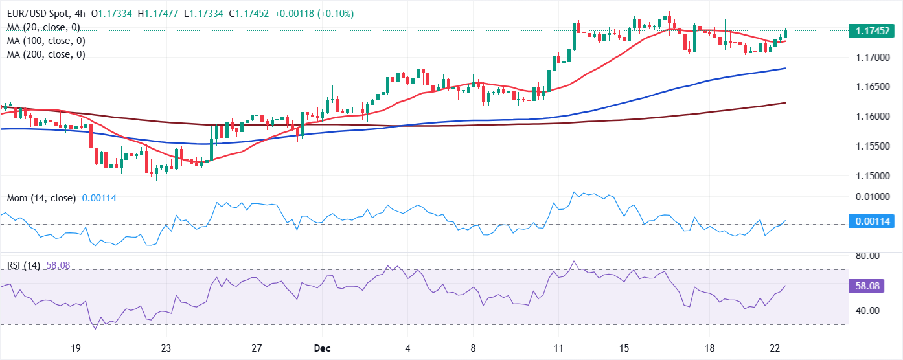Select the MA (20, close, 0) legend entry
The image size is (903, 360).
tap(43, 27)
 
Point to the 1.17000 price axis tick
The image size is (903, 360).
tap(870, 58)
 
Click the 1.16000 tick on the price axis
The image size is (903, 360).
tap(870, 117)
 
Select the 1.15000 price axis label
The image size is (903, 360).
tap(870, 175)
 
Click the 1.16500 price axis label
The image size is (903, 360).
tap(870, 87)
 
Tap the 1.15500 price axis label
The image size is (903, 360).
tap(870, 146)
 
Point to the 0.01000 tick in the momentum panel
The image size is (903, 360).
tap(870, 197)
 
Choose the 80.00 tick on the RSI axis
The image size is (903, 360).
tap(867, 256)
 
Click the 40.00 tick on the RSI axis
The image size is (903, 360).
tap(867, 311)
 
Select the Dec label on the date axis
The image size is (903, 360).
tap(322, 348)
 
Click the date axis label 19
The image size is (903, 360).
tap(76, 348)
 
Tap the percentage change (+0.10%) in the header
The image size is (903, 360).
tap(354, 14)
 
